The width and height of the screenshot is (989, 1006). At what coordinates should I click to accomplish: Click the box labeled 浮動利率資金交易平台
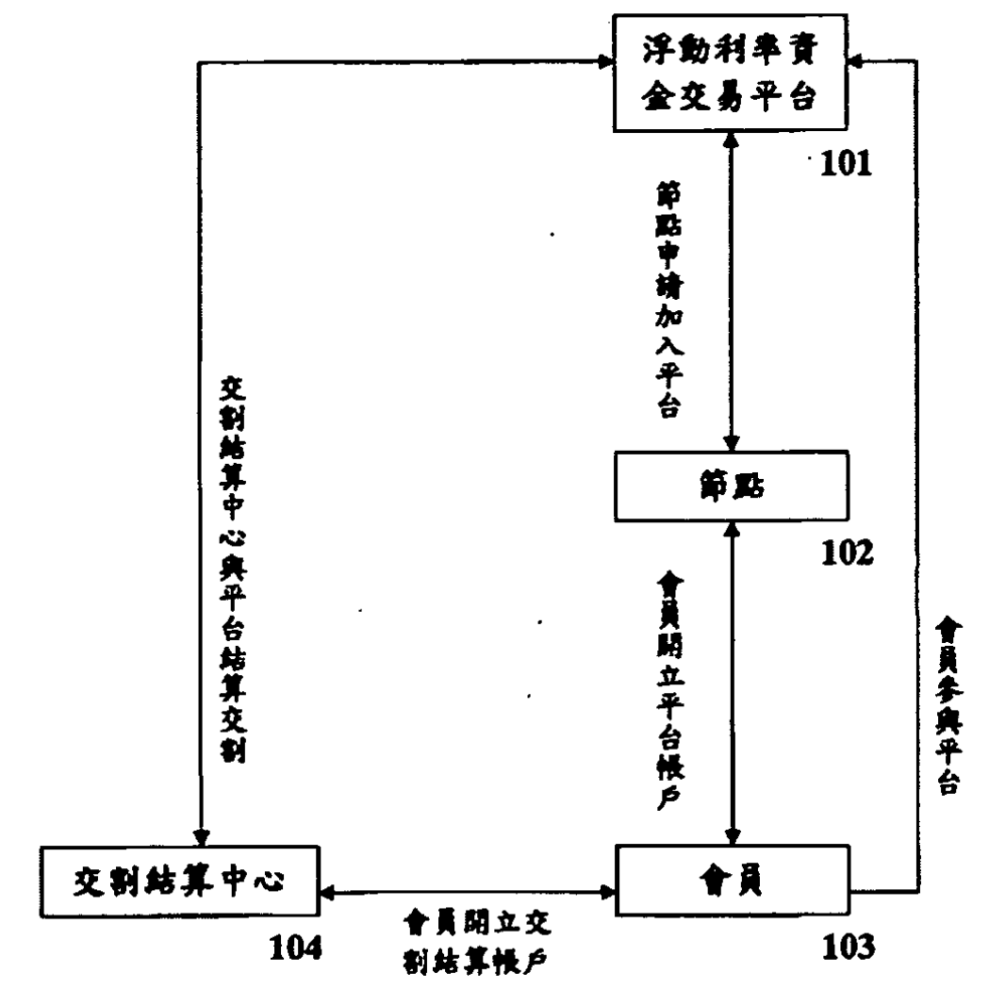730,74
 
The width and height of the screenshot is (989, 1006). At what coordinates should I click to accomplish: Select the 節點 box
730,487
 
